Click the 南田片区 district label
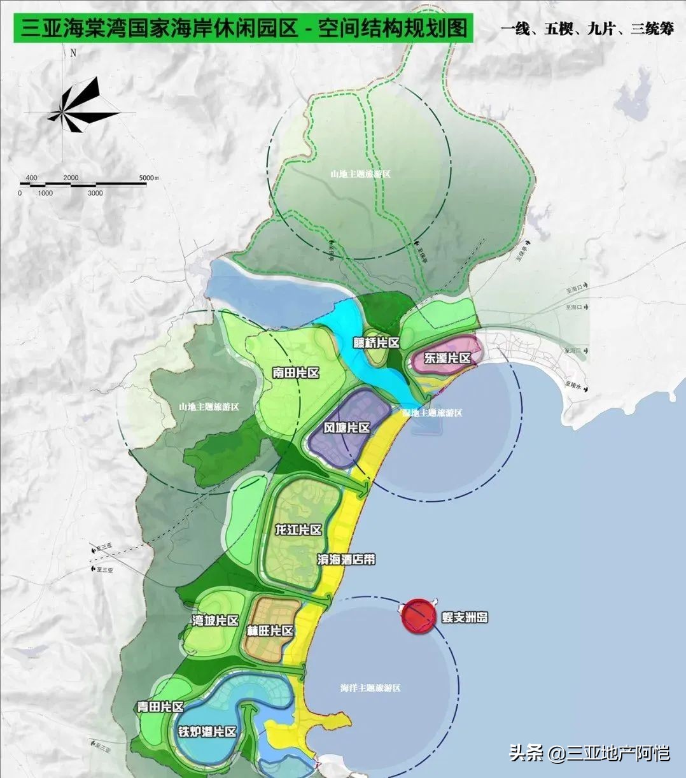coord(295,374)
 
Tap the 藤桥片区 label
coord(376,343)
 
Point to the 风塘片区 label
coord(347,428)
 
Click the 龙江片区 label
coord(298,530)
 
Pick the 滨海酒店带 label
coord(346,560)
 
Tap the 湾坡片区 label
coord(216,621)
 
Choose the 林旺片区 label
coord(270,631)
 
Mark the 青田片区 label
coord(160,707)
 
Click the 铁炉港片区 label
coord(208,732)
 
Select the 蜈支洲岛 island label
coord(464,618)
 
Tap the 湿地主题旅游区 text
coord(432,413)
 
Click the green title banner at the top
coord(243,29)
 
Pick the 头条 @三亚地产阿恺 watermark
coord(589,753)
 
